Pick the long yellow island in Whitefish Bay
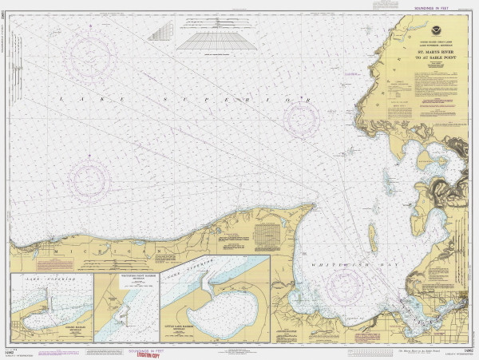coord(373,238)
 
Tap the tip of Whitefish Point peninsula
coord(311,205)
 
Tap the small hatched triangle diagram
coord(160,31)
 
